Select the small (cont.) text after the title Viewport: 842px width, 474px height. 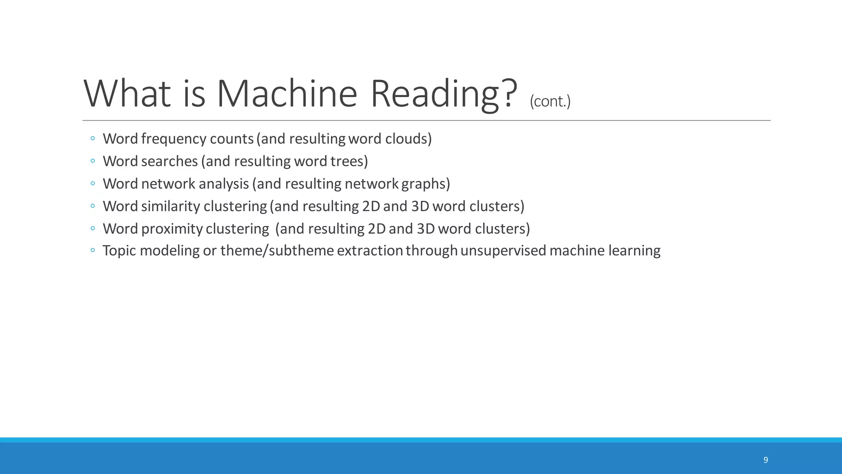point(550,101)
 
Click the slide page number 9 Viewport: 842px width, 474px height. point(766,460)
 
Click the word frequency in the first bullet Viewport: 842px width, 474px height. point(174,139)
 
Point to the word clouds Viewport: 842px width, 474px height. point(408,139)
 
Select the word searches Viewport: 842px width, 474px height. point(169,161)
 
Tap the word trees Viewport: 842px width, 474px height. point(349,161)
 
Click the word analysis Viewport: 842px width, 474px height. point(224,184)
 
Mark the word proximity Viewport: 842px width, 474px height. point(172,229)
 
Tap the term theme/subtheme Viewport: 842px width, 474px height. point(277,251)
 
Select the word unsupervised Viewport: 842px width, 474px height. point(503,251)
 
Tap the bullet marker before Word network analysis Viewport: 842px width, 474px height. point(93,183)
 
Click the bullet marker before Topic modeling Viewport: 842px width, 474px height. point(93,250)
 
